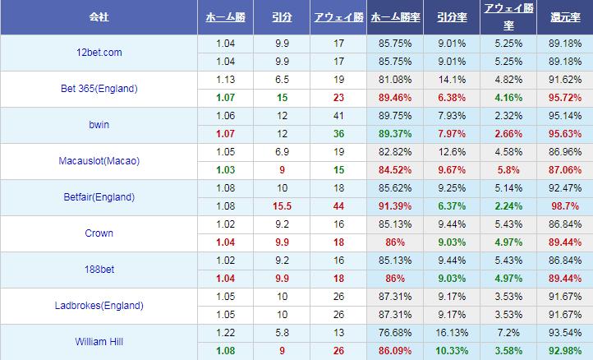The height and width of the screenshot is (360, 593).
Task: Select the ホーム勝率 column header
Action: click(393, 16)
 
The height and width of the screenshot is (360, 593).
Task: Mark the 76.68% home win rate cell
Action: click(393, 333)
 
